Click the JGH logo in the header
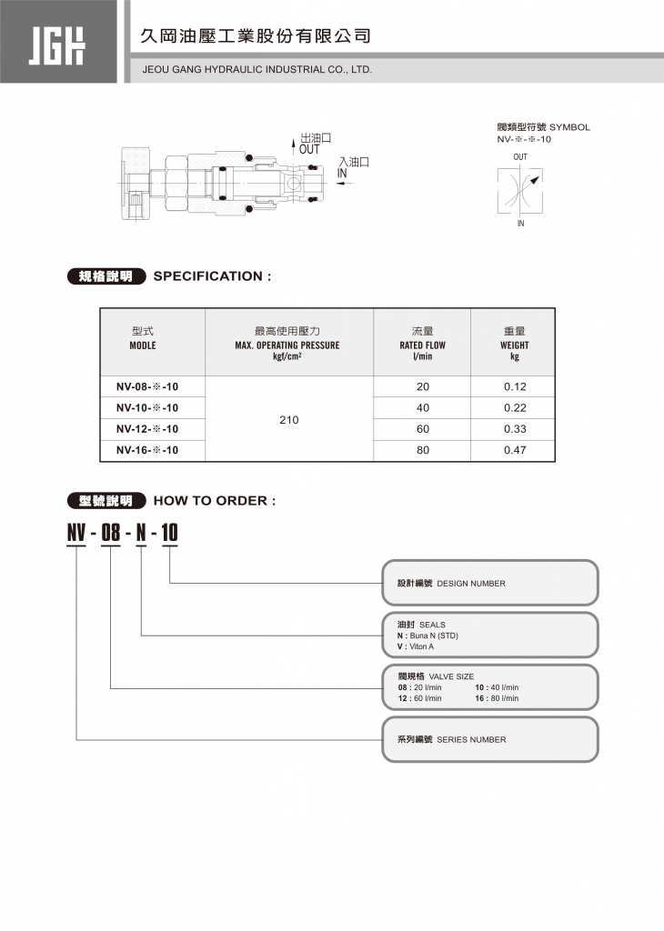coord(57,42)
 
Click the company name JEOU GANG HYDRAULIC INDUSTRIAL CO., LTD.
coord(257,69)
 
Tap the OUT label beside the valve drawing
coord(310,149)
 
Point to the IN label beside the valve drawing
coord(343,173)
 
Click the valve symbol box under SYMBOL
coord(520,190)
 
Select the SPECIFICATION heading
coord(212,276)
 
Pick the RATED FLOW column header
coord(422,345)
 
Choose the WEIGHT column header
coord(514,345)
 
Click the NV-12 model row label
coord(146,429)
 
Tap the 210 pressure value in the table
coord(289,420)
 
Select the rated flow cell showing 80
coord(422,450)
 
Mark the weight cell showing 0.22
coord(515,408)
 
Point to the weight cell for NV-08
coord(515,387)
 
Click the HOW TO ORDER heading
coord(214,501)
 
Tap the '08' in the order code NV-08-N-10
coord(110,534)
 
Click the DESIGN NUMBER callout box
coord(489,583)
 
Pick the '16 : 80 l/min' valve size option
coord(497,698)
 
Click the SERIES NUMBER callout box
coord(489,739)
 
